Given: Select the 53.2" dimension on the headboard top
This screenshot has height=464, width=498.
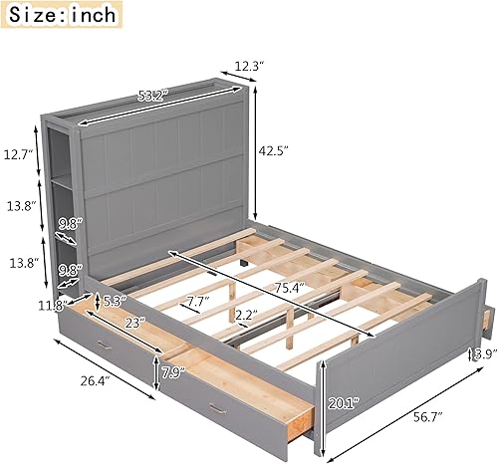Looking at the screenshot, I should pos(152,97).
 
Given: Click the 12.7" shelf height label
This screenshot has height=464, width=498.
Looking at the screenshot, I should pos(18,154).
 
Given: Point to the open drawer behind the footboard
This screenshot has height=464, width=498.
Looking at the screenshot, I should pos(485,316).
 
